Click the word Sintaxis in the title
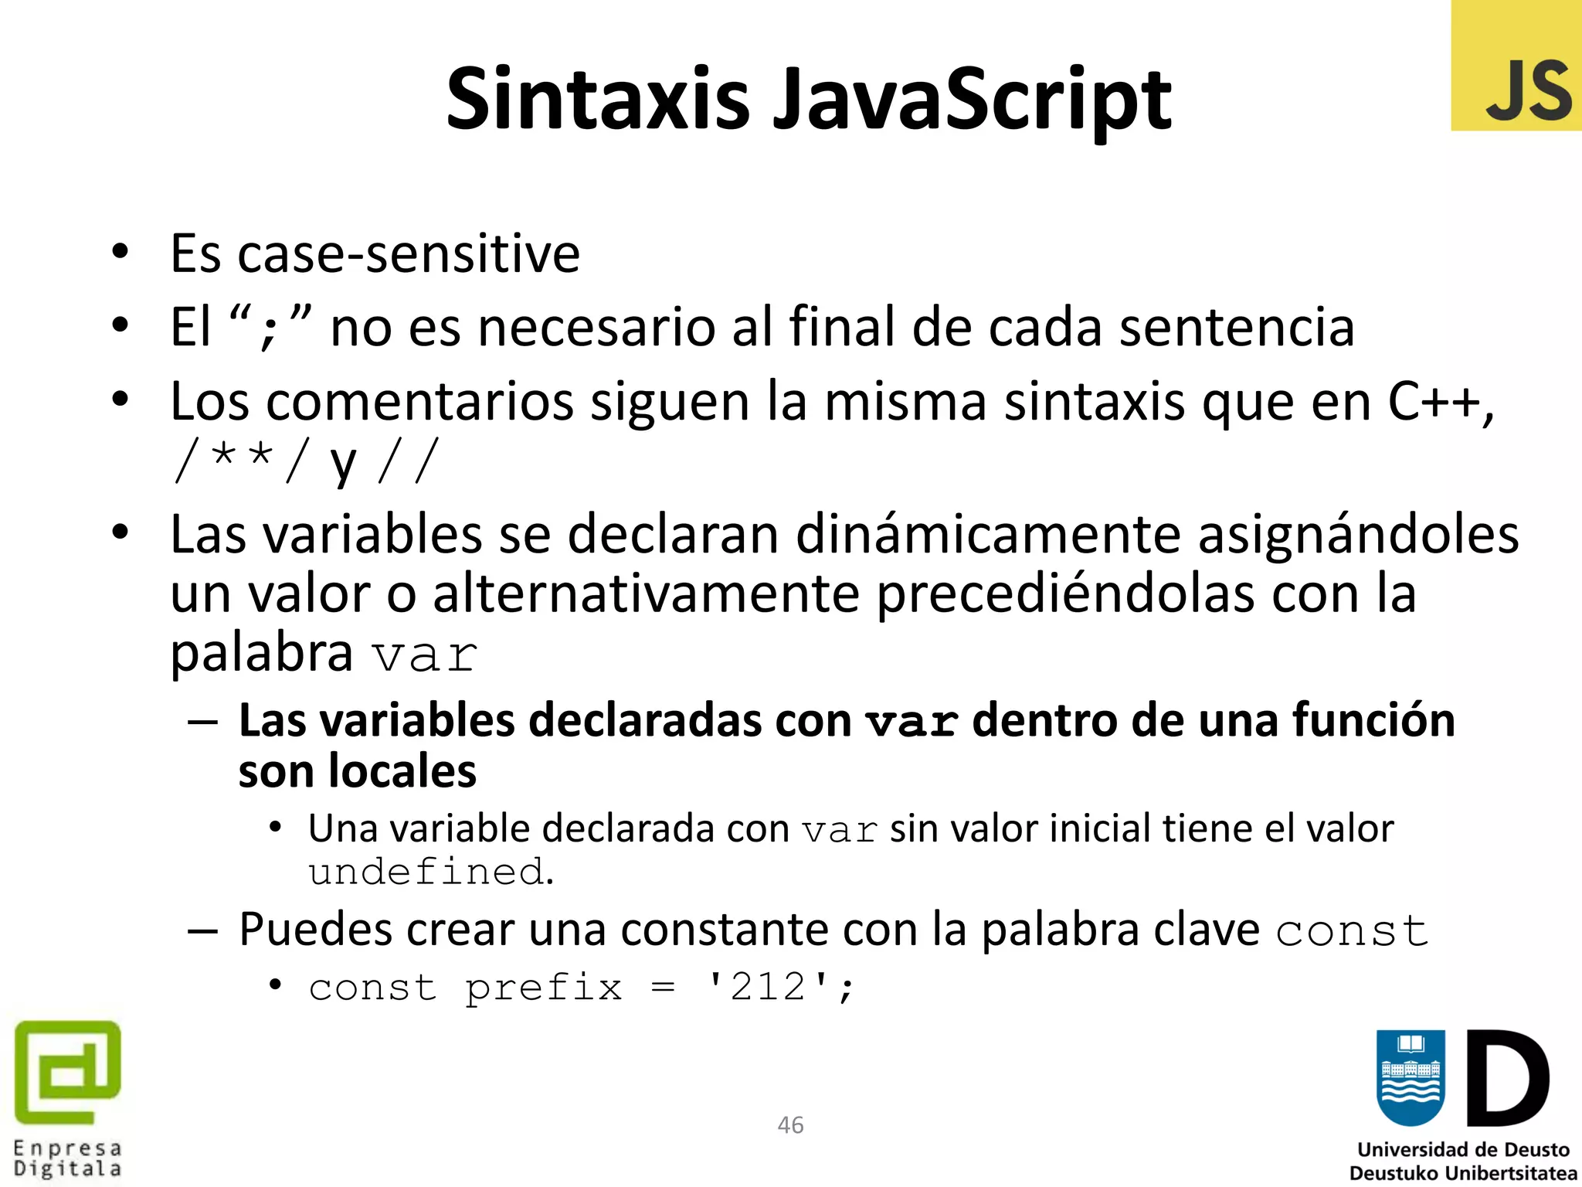click(x=598, y=99)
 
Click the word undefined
click(x=427, y=872)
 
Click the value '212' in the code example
click(x=769, y=987)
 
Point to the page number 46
click(x=790, y=1125)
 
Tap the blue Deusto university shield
click(x=1411, y=1078)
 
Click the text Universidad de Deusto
click(x=1463, y=1150)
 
